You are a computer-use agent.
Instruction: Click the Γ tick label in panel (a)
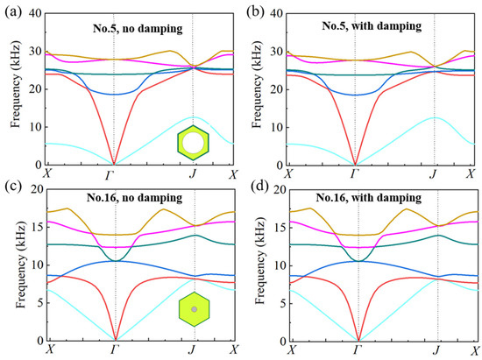115,173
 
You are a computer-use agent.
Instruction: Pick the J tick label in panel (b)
434,173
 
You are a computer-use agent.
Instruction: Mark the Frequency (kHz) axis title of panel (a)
13,89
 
